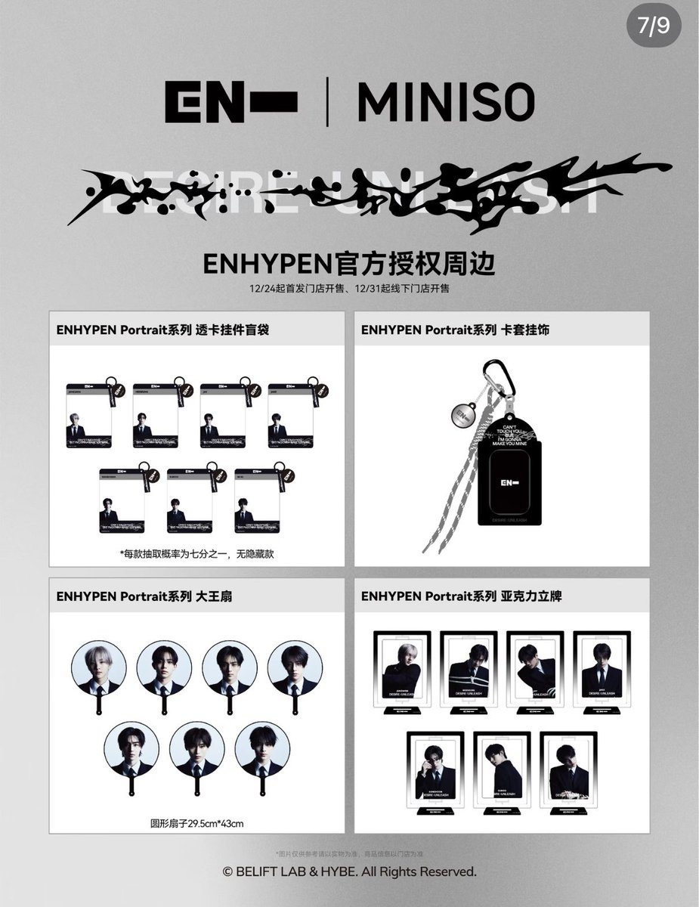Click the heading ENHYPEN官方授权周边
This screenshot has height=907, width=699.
[x=349, y=265]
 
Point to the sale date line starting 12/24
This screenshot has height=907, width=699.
[x=349, y=289]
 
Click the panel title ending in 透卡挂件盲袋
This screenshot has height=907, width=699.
[x=162, y=330]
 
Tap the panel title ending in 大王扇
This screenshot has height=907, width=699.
[x=144, y=596]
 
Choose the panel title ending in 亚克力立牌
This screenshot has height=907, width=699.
[x=461, y=596]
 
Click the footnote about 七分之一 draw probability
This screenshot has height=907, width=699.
[x=196, y=554]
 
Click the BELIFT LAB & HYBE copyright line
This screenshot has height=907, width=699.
[x=349, y=872]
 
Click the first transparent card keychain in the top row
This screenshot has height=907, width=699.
[x=89, y=415]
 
